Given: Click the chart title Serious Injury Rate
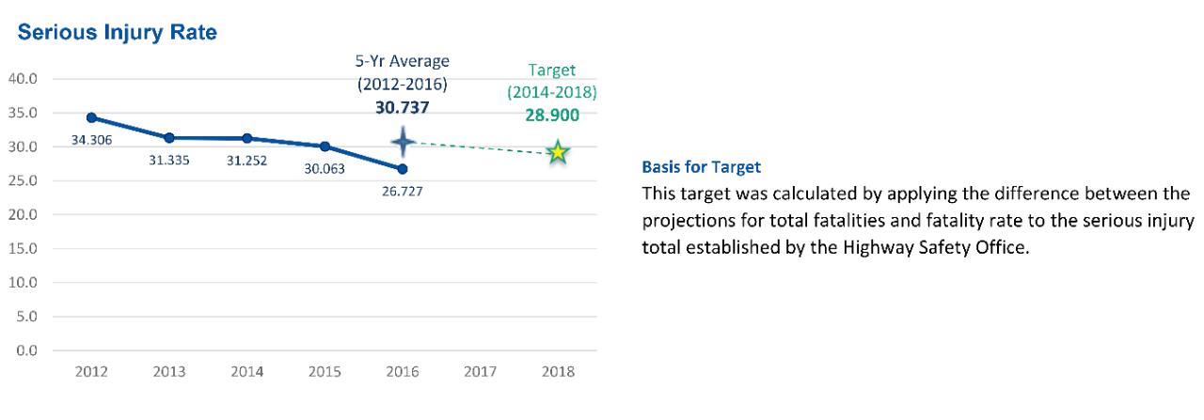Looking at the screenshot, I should coord(118,33).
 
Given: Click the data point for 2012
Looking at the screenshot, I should coord(91,117).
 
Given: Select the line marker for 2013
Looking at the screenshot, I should coord(169,138).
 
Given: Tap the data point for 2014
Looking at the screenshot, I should coord(246,138).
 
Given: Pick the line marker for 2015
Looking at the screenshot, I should coord(325,147).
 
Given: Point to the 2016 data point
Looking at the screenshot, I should coord(403,169).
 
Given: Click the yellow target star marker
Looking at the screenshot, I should coord(558,152).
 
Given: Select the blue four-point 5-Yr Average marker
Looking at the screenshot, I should coord(403,143).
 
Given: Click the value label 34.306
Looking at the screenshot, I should coord(91,140).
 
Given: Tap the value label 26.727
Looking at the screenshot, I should coord(403,192).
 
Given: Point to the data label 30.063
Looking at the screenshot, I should coord(325,169).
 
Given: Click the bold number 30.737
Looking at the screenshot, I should coord(403,107).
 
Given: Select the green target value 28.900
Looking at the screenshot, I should coord(553,116).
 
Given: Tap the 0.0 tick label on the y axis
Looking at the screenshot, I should coord(24,350).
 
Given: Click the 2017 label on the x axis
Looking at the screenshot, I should coord(480,371).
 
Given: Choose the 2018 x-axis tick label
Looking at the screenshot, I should coord(558,371).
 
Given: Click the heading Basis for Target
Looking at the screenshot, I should coord(701,167).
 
